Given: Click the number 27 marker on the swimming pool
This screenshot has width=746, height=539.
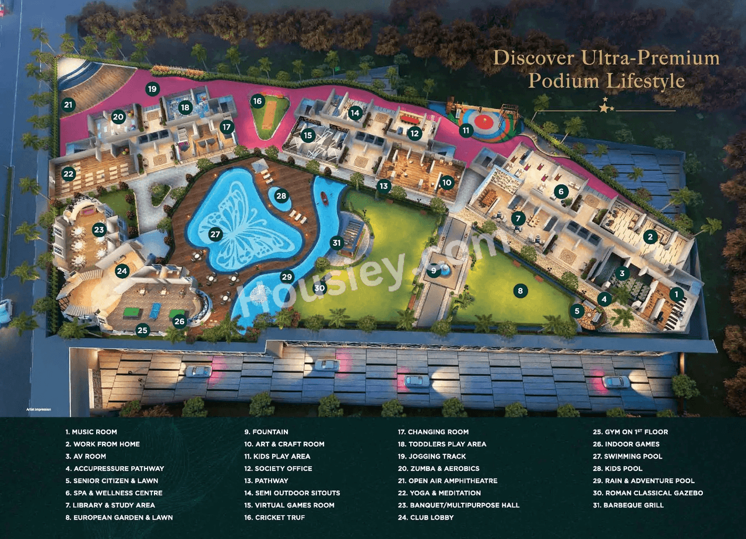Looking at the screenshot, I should pos(216,235).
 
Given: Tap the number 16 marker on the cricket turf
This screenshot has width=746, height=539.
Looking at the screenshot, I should pos(258,101).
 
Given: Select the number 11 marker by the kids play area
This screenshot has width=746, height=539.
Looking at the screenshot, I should pos(465,131).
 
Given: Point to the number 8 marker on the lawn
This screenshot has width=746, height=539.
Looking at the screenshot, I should pos(520,290).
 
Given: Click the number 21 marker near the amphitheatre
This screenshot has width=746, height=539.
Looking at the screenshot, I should pos(69,105).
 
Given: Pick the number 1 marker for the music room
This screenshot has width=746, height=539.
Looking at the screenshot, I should pos(676,294).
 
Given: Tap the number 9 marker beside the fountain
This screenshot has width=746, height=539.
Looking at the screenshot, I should pos(433,270).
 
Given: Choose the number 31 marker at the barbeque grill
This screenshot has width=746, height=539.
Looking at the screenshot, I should pos(336,242).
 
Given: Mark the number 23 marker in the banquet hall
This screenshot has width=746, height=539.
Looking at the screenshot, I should pos(99,230).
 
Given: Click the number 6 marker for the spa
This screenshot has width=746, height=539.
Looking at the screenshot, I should pos(561,191).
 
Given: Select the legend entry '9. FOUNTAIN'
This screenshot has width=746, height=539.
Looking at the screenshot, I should pos(266,432).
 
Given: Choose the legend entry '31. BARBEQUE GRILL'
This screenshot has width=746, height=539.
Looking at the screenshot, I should pos(628,505).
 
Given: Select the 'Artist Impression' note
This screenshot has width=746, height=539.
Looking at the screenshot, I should pos(38,410).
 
